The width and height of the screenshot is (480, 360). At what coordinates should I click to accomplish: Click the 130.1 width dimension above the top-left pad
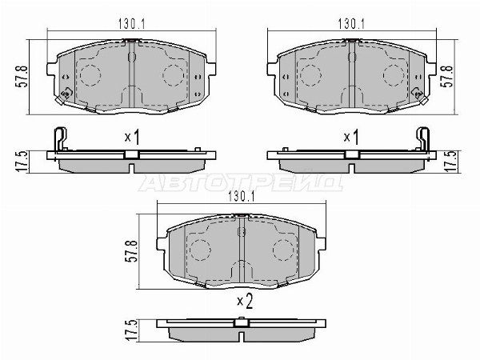pos(132,23)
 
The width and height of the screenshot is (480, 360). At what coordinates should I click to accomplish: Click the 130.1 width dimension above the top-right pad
pos(351,23)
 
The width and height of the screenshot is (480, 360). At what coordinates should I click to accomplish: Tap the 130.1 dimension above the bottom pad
pos(242,197)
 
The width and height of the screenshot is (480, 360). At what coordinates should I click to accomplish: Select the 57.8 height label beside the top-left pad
pos(23,77)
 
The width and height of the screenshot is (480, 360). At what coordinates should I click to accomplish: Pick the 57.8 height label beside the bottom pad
pos(131,251)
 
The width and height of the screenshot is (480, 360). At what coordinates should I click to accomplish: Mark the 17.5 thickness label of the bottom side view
pos(130,330)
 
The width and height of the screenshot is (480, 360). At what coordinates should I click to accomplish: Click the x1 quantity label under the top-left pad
pos(132,137)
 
